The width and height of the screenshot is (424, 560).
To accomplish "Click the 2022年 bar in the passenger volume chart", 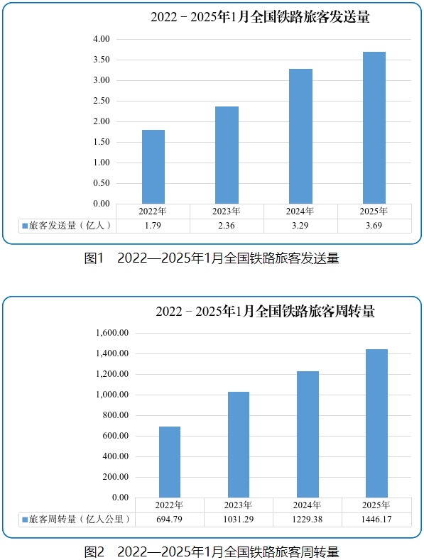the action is click(153, 167).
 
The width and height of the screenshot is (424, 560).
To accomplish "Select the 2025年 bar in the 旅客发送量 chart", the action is click(374, 128).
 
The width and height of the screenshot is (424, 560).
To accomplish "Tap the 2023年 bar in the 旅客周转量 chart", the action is click(239, 444).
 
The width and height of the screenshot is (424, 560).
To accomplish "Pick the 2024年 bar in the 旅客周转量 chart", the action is click(308, 434).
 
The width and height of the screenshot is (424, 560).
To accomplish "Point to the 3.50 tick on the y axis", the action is click(102, 60).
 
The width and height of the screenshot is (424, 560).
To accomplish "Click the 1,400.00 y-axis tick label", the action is click(112, 353).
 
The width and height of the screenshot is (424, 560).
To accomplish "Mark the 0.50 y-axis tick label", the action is click(102, 183).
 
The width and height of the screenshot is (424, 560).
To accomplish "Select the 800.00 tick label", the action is click(116, 415).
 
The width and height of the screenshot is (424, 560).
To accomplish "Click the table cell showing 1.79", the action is click(153, 226).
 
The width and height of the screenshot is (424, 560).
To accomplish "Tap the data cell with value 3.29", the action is click(300, 226).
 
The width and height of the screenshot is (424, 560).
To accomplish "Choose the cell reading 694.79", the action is click(170, 520).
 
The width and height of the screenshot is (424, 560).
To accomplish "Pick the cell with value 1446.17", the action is click(376, 520).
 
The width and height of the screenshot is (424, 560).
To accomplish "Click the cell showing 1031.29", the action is click(239, 520).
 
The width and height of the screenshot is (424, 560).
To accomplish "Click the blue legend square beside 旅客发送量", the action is click(25, 226).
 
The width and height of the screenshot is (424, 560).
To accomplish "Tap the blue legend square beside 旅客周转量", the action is click(25, 520).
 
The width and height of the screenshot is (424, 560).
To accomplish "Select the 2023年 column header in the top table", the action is click(227, 212).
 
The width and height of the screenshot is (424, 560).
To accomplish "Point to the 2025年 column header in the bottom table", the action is click(376, 505).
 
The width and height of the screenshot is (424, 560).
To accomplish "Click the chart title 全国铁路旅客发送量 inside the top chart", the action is click(310, 17).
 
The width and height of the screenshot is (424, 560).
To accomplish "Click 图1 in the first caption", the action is click(94, 258).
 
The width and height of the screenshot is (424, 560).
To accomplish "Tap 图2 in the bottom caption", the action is click(94, 552).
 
